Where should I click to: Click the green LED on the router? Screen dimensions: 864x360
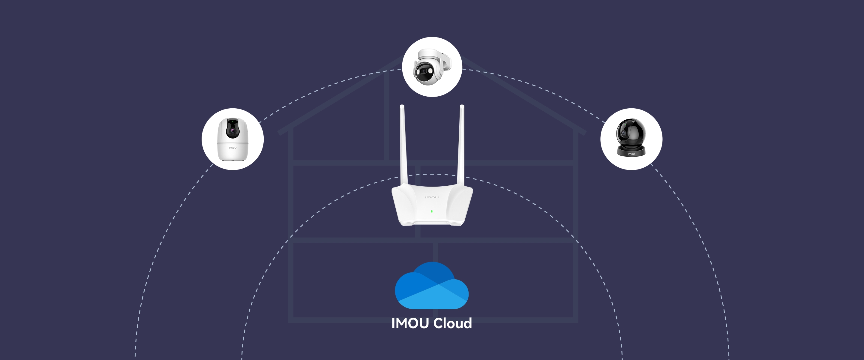432,211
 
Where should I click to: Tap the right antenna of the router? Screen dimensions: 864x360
460,144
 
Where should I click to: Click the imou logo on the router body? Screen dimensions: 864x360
432,197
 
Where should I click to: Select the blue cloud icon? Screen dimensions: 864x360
432,286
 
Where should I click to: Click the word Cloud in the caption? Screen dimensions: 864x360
452,323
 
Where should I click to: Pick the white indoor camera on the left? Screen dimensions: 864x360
233,139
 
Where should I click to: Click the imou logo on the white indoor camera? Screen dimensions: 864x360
233,148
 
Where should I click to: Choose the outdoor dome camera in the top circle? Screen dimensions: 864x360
432,67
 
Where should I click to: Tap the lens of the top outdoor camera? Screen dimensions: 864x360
423,71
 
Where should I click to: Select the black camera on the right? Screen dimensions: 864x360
631,138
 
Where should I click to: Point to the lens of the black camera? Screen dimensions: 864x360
624,133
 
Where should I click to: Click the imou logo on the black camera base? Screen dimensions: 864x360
631,154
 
